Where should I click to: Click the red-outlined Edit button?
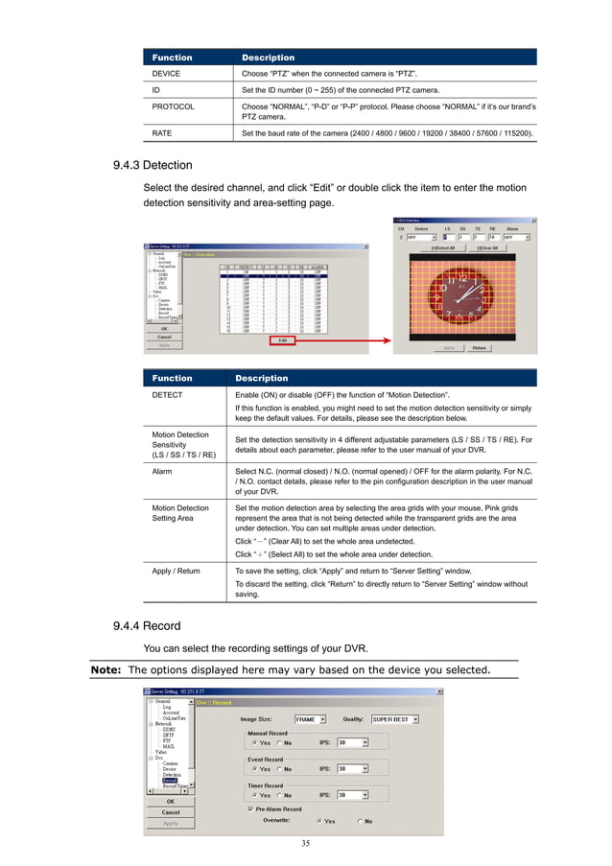282,339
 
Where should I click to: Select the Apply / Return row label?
176,571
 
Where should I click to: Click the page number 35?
305,843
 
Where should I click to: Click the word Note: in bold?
106,668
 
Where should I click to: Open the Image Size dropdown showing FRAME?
311,718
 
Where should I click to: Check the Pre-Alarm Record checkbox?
251,808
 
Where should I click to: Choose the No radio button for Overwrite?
361,821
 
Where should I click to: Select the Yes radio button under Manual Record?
254,741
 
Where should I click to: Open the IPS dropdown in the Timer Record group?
352,795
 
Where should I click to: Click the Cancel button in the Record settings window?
170,811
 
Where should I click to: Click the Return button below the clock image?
478,348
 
